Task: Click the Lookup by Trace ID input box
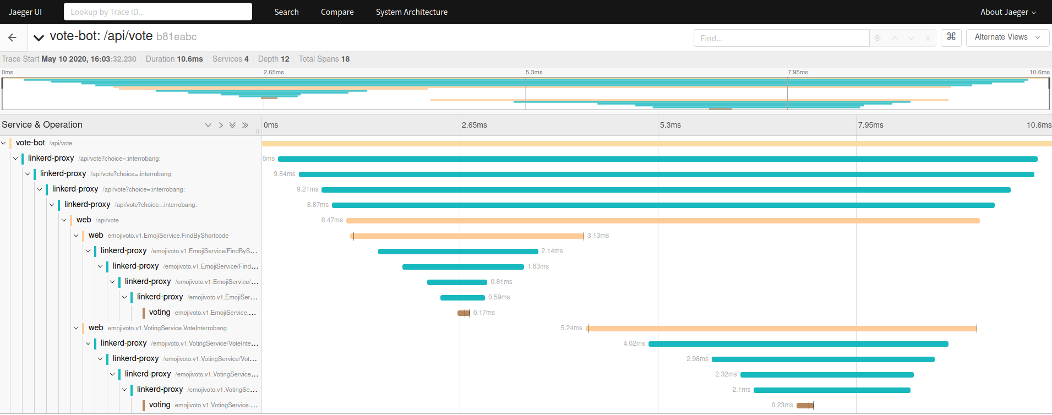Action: click(157, 12)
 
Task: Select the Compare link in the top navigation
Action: click(337, 12)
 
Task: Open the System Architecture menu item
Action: click(411, 12)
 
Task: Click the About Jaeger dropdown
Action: click(1007, 12)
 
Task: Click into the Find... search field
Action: click(781, 38)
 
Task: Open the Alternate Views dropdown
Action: click(1007, 37)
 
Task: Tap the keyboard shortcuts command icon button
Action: click(951, 37)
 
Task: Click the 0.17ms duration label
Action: click(484, 313)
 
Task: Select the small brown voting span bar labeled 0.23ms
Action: click(805, 406)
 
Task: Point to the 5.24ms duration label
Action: click(571, 328)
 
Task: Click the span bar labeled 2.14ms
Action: click(458, 252)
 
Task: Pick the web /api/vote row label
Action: click(97, 220)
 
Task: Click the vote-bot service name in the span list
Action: click(30, 143)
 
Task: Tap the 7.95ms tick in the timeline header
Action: click(870, 125)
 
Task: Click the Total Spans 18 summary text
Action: click(324, 59)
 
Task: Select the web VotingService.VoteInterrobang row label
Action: click(157, 328)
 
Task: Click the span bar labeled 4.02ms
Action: click(798, 344)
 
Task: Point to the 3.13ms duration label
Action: click(598, 236)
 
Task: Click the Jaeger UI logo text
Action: click(25, 12)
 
